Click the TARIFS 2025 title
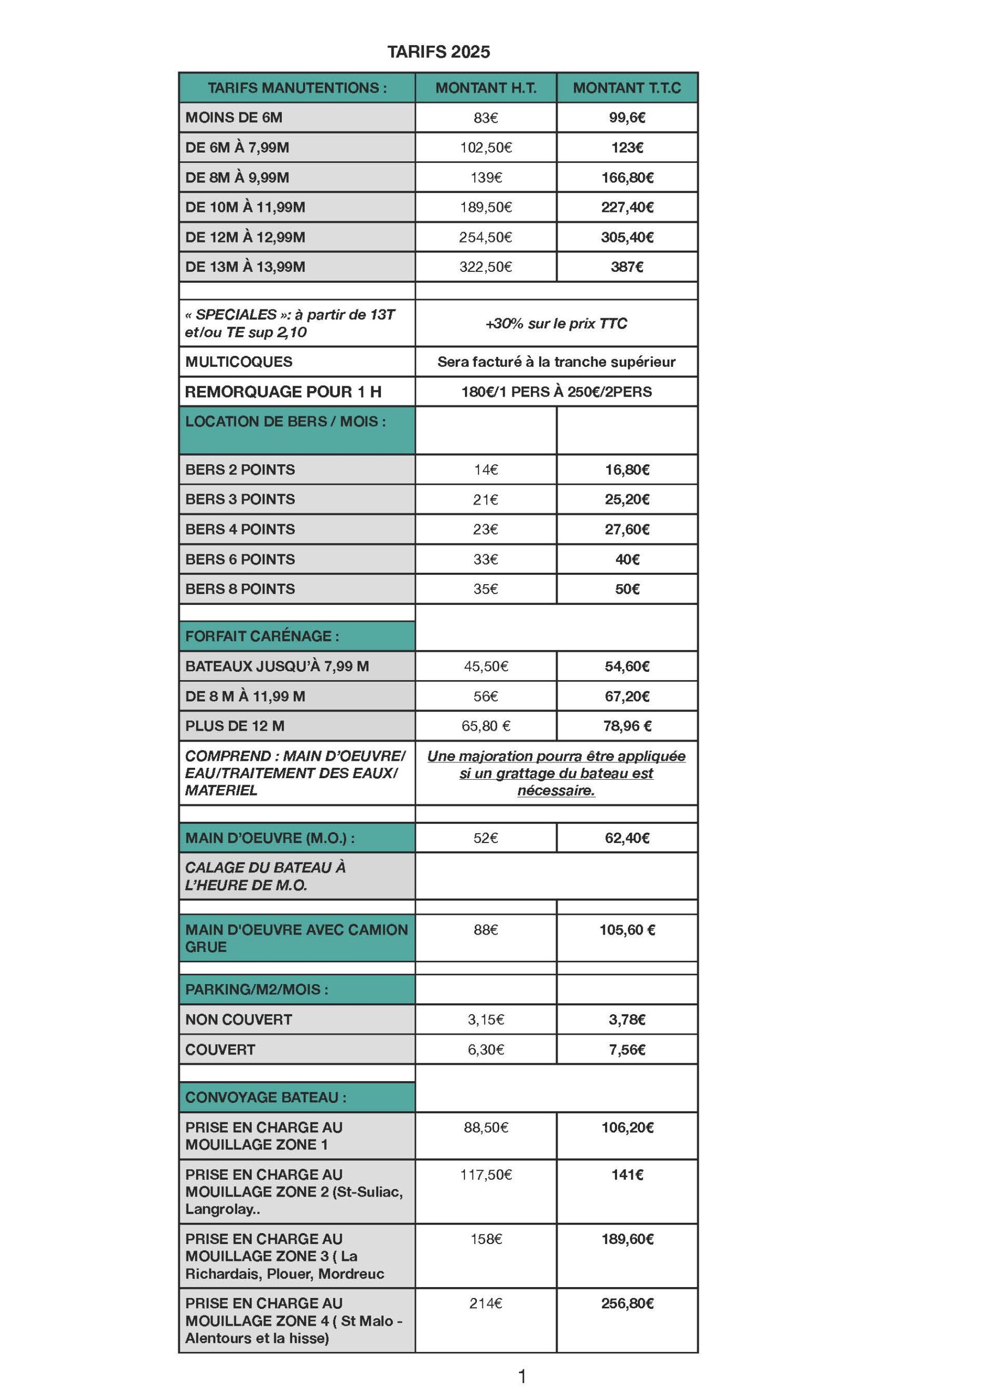438,52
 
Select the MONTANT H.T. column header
486,88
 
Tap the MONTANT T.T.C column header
627,88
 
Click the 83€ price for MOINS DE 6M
486,118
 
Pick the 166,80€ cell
627,178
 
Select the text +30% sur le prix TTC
556,324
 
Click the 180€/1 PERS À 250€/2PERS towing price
556,392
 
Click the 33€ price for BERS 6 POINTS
486,560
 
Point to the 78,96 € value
627,726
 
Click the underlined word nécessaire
555,791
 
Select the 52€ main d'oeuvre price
486,839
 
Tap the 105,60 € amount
627,930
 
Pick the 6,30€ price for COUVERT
486,1050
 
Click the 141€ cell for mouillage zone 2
627,1175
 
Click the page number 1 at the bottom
522,1376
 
